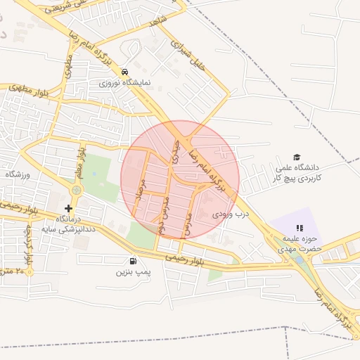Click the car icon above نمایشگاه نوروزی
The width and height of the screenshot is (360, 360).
(124, 72)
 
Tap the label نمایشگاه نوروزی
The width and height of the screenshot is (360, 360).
(124, 83)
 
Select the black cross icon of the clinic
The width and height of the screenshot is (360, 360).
(68, 208)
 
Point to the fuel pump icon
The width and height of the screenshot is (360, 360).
(134, 261)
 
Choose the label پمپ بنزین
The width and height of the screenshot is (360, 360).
(133, 271)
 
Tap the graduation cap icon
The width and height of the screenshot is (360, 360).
(297, 157)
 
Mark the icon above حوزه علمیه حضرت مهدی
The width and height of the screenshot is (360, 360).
(300, 228)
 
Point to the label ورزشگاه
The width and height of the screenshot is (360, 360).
(15, 174)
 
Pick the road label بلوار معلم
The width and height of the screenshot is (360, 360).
(82, 160)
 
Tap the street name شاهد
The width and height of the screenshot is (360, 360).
(156, 22)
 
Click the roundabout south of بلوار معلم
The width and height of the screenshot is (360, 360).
(76, 190)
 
